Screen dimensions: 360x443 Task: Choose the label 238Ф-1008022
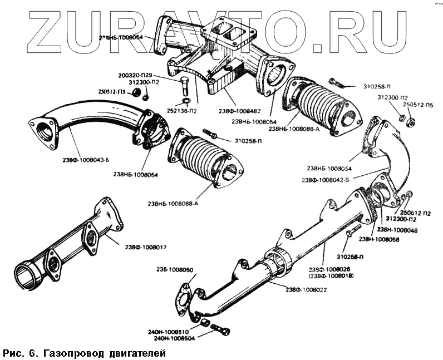click(308, 289)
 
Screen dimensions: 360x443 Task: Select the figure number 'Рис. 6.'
click(21, 353)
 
